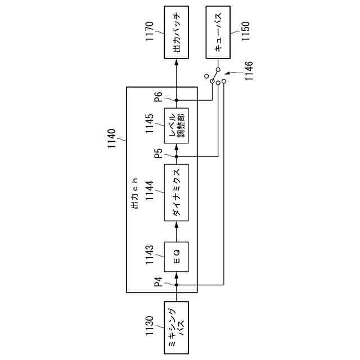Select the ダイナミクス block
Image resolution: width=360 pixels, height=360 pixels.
[x=176, y=192]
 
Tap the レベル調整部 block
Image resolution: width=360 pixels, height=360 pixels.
[x=176, y=124]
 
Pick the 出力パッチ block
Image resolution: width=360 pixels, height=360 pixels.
[x=176, y=32]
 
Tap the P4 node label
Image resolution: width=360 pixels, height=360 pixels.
[x=159, y=282]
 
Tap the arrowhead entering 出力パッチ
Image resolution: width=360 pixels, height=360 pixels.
[x=176, y=60]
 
